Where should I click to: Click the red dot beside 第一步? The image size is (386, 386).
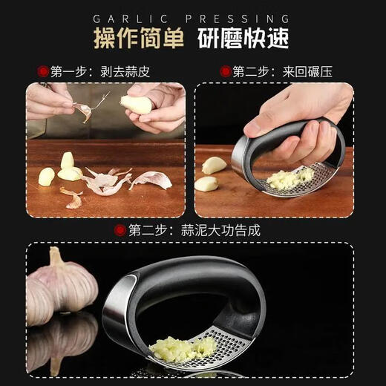click(x=42, y=72)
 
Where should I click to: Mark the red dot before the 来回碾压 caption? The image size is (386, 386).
click(x=224, y=72)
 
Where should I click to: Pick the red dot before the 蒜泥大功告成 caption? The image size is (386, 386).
click(x=120, y=229)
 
